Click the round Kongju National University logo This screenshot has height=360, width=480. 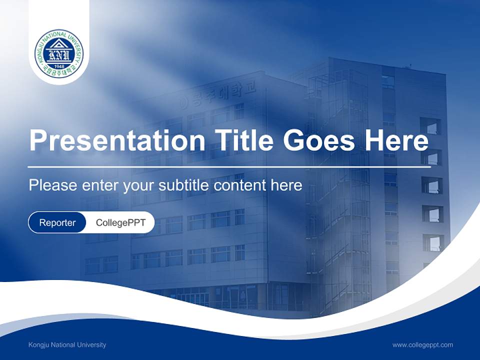(x=59, y=53)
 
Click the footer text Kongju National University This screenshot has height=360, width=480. (x=67, y=344)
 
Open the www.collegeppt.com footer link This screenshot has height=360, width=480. (x=422, y=344)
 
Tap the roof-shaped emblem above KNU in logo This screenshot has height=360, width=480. (x=59, y=43)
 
